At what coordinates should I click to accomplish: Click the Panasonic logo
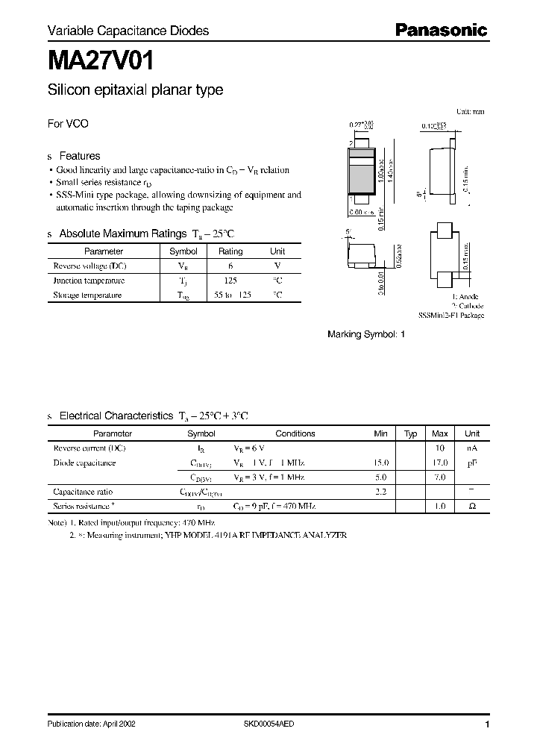441,31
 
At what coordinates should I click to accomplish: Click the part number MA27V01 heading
101,59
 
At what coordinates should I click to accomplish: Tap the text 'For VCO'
68,124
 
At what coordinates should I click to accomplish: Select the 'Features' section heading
79,156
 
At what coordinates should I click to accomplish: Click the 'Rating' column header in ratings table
230,252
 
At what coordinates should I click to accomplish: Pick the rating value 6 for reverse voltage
230,266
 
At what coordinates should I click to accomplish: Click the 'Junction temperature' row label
89,281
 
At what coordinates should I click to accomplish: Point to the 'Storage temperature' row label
87,295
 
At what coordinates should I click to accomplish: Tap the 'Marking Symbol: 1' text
366,335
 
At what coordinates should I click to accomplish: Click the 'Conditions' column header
295,433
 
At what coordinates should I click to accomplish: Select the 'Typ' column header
410,433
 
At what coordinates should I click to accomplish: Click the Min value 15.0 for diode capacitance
380,463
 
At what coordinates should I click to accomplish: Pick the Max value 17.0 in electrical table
440,463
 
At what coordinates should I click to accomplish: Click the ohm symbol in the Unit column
472,507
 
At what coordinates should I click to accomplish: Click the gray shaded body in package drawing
362,177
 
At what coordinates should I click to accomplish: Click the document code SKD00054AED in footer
269,724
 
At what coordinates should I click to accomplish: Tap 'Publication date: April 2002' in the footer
91,724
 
